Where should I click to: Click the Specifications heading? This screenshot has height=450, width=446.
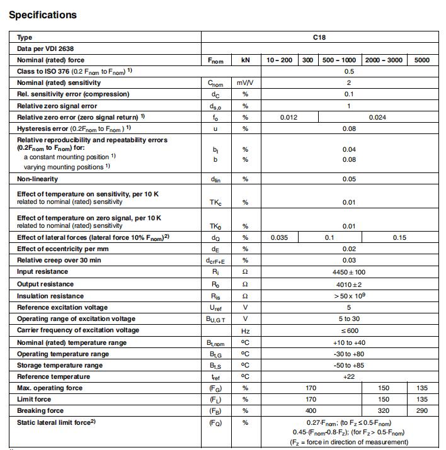coord(43,14)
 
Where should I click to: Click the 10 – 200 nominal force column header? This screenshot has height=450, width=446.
coord(279,60)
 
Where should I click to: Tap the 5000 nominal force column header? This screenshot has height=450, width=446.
coord(422,60)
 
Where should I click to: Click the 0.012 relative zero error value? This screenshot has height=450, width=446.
coord(289,117)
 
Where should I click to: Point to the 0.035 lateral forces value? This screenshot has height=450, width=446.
coord(279,238)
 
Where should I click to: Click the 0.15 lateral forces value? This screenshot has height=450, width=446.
coord(399,238)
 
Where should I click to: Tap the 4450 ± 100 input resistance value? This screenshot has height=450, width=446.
coord(349,273)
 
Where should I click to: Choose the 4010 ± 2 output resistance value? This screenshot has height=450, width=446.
coord(349,284)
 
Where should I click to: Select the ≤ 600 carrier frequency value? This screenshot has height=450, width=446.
coord(349,330)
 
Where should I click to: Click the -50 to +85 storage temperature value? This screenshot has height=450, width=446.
coord(349,365)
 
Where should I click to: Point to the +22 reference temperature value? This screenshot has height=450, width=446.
coord(349,376)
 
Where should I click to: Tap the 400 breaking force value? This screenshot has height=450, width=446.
coord(311,410)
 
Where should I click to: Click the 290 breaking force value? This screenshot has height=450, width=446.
coord(422,410)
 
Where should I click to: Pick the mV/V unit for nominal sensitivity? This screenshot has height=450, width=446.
coord(245,83)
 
